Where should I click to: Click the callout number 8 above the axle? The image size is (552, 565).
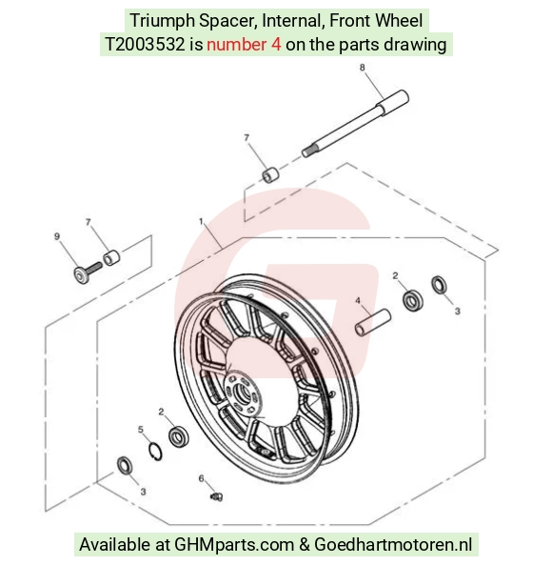click(362, 68)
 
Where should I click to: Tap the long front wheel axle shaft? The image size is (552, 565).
click(355, 123)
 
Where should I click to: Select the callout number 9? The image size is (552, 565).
click(57, 236)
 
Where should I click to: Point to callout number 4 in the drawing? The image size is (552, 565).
click(358, 300)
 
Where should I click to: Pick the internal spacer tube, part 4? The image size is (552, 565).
click(373, 322)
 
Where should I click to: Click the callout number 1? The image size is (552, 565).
click(201, 221)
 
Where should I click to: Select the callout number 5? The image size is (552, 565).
click(140, 430)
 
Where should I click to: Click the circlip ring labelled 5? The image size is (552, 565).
click(155, 452)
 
